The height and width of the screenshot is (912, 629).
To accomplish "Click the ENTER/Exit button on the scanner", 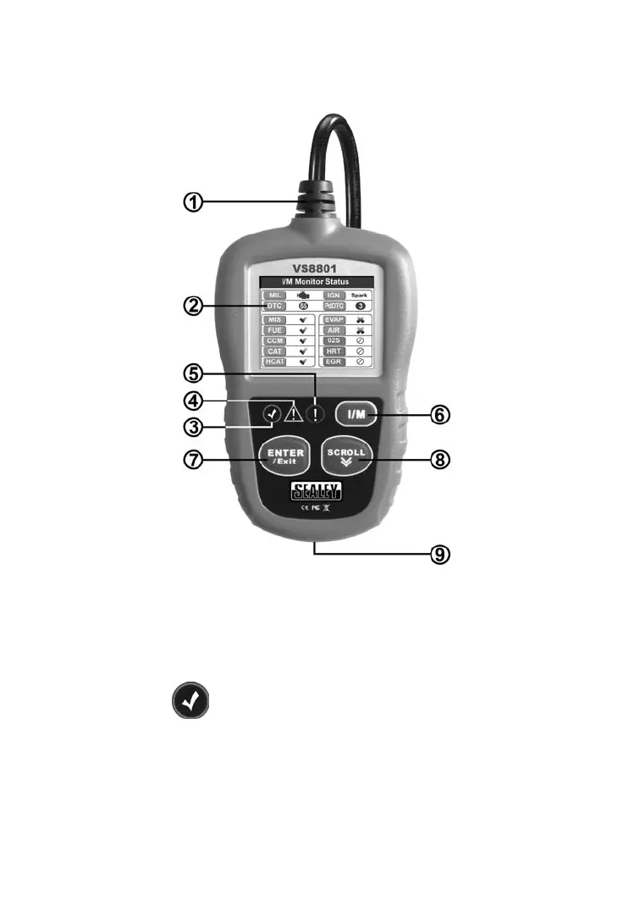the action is click(x=284, y=456).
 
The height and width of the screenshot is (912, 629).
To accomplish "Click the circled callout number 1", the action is click(x=194, y=202).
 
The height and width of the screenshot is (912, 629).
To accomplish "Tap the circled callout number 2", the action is click(x=194, y=305).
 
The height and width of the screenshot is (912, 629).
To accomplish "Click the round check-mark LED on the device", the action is click(x=272, y=414).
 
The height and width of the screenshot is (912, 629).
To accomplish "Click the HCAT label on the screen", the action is click(x=273, y=361).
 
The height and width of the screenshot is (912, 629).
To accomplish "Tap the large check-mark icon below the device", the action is click(x=190, y=704).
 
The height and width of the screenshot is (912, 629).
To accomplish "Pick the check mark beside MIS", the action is click(x=302, y=320).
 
